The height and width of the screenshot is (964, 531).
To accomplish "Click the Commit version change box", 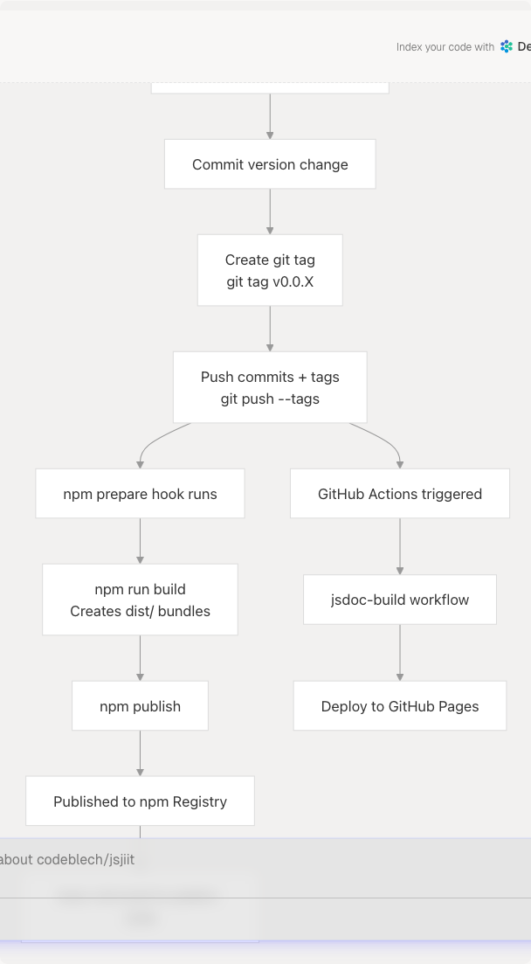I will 270,164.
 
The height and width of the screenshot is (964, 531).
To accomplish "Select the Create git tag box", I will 270,270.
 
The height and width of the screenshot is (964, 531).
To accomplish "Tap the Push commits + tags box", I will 270,387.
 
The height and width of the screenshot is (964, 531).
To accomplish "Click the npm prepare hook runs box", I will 140,494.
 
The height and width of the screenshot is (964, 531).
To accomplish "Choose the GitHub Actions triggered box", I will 400,494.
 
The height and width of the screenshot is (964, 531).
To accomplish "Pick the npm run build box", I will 140,600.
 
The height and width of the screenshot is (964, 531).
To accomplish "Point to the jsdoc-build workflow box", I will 400,600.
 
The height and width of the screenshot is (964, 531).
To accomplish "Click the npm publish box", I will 140,706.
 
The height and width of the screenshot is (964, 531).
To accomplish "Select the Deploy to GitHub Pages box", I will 400,706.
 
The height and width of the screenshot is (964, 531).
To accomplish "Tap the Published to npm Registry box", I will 140,801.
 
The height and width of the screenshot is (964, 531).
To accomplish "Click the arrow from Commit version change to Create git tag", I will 270,212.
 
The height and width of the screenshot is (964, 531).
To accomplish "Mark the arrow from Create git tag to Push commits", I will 270,329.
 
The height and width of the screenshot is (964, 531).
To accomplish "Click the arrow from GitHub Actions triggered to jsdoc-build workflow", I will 400,546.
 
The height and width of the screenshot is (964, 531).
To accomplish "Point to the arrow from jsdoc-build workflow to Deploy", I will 400,653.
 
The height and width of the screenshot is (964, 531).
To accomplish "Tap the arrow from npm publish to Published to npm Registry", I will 140,753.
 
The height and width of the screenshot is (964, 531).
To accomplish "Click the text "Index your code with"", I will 445,47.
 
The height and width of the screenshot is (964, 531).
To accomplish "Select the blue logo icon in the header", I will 507,47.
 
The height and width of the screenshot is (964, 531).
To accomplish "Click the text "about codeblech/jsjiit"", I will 67,860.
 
